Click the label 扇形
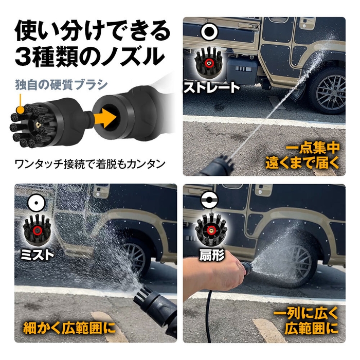point(209,254)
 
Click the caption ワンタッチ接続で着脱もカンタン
point(89,165)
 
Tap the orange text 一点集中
point(314,148)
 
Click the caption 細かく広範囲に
point(68,327)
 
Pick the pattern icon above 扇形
point(208,201)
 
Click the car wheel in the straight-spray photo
point(326,90)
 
